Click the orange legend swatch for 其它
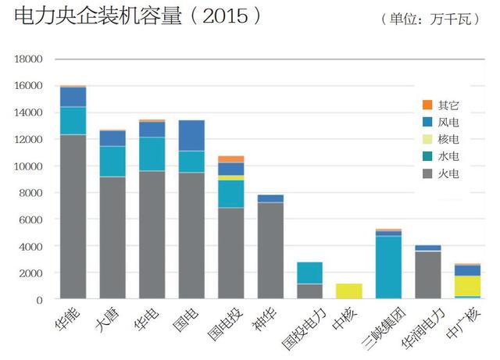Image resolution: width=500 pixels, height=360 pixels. click(x=427, y=105)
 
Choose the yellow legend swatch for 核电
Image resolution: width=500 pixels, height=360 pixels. click(x=427, y=139)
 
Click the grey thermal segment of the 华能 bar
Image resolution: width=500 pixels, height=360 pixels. click(x=73, y=216)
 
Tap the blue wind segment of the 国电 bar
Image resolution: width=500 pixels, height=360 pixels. click(x=192, y=135)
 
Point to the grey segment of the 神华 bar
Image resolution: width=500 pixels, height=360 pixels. click(x=271, y=251)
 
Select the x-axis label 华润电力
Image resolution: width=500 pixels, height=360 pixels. click(x=420, y=330)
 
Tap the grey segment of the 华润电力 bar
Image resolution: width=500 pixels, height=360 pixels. click(x=429, y=275)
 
